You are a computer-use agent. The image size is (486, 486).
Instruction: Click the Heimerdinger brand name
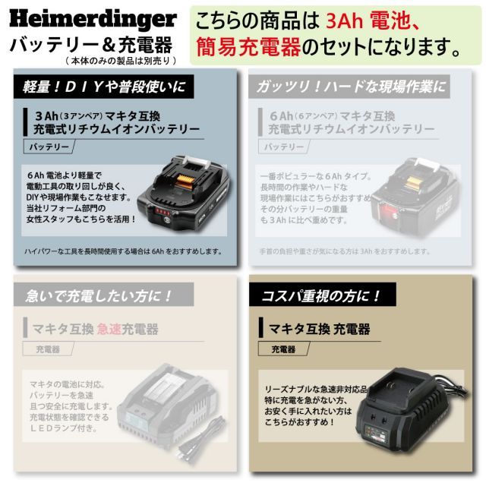click(x=93, y=18)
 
